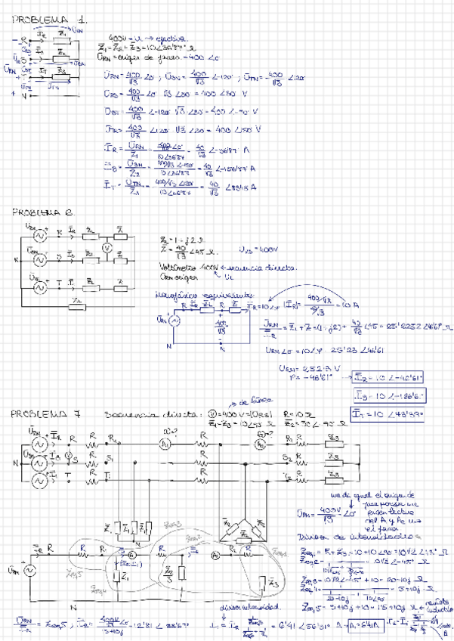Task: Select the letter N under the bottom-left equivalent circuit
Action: click(x=73, y=606)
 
